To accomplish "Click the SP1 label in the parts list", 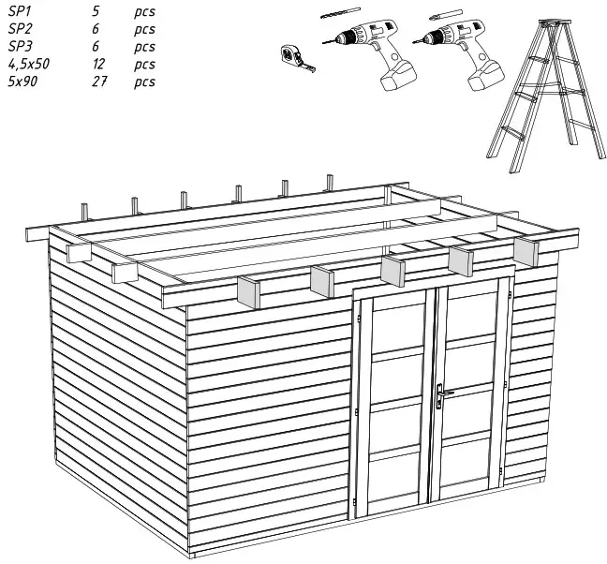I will (20, 12).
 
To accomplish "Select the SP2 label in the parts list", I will (20, 29).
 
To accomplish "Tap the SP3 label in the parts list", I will (20, 46).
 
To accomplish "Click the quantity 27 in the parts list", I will (98, 82).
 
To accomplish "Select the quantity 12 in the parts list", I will (98, 64).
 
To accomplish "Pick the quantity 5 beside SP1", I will (95, 12).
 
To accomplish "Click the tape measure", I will (296, 57).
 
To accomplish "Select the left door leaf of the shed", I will (393, 403).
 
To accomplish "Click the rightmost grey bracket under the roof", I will (527, 251).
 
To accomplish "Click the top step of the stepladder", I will (554, 22).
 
